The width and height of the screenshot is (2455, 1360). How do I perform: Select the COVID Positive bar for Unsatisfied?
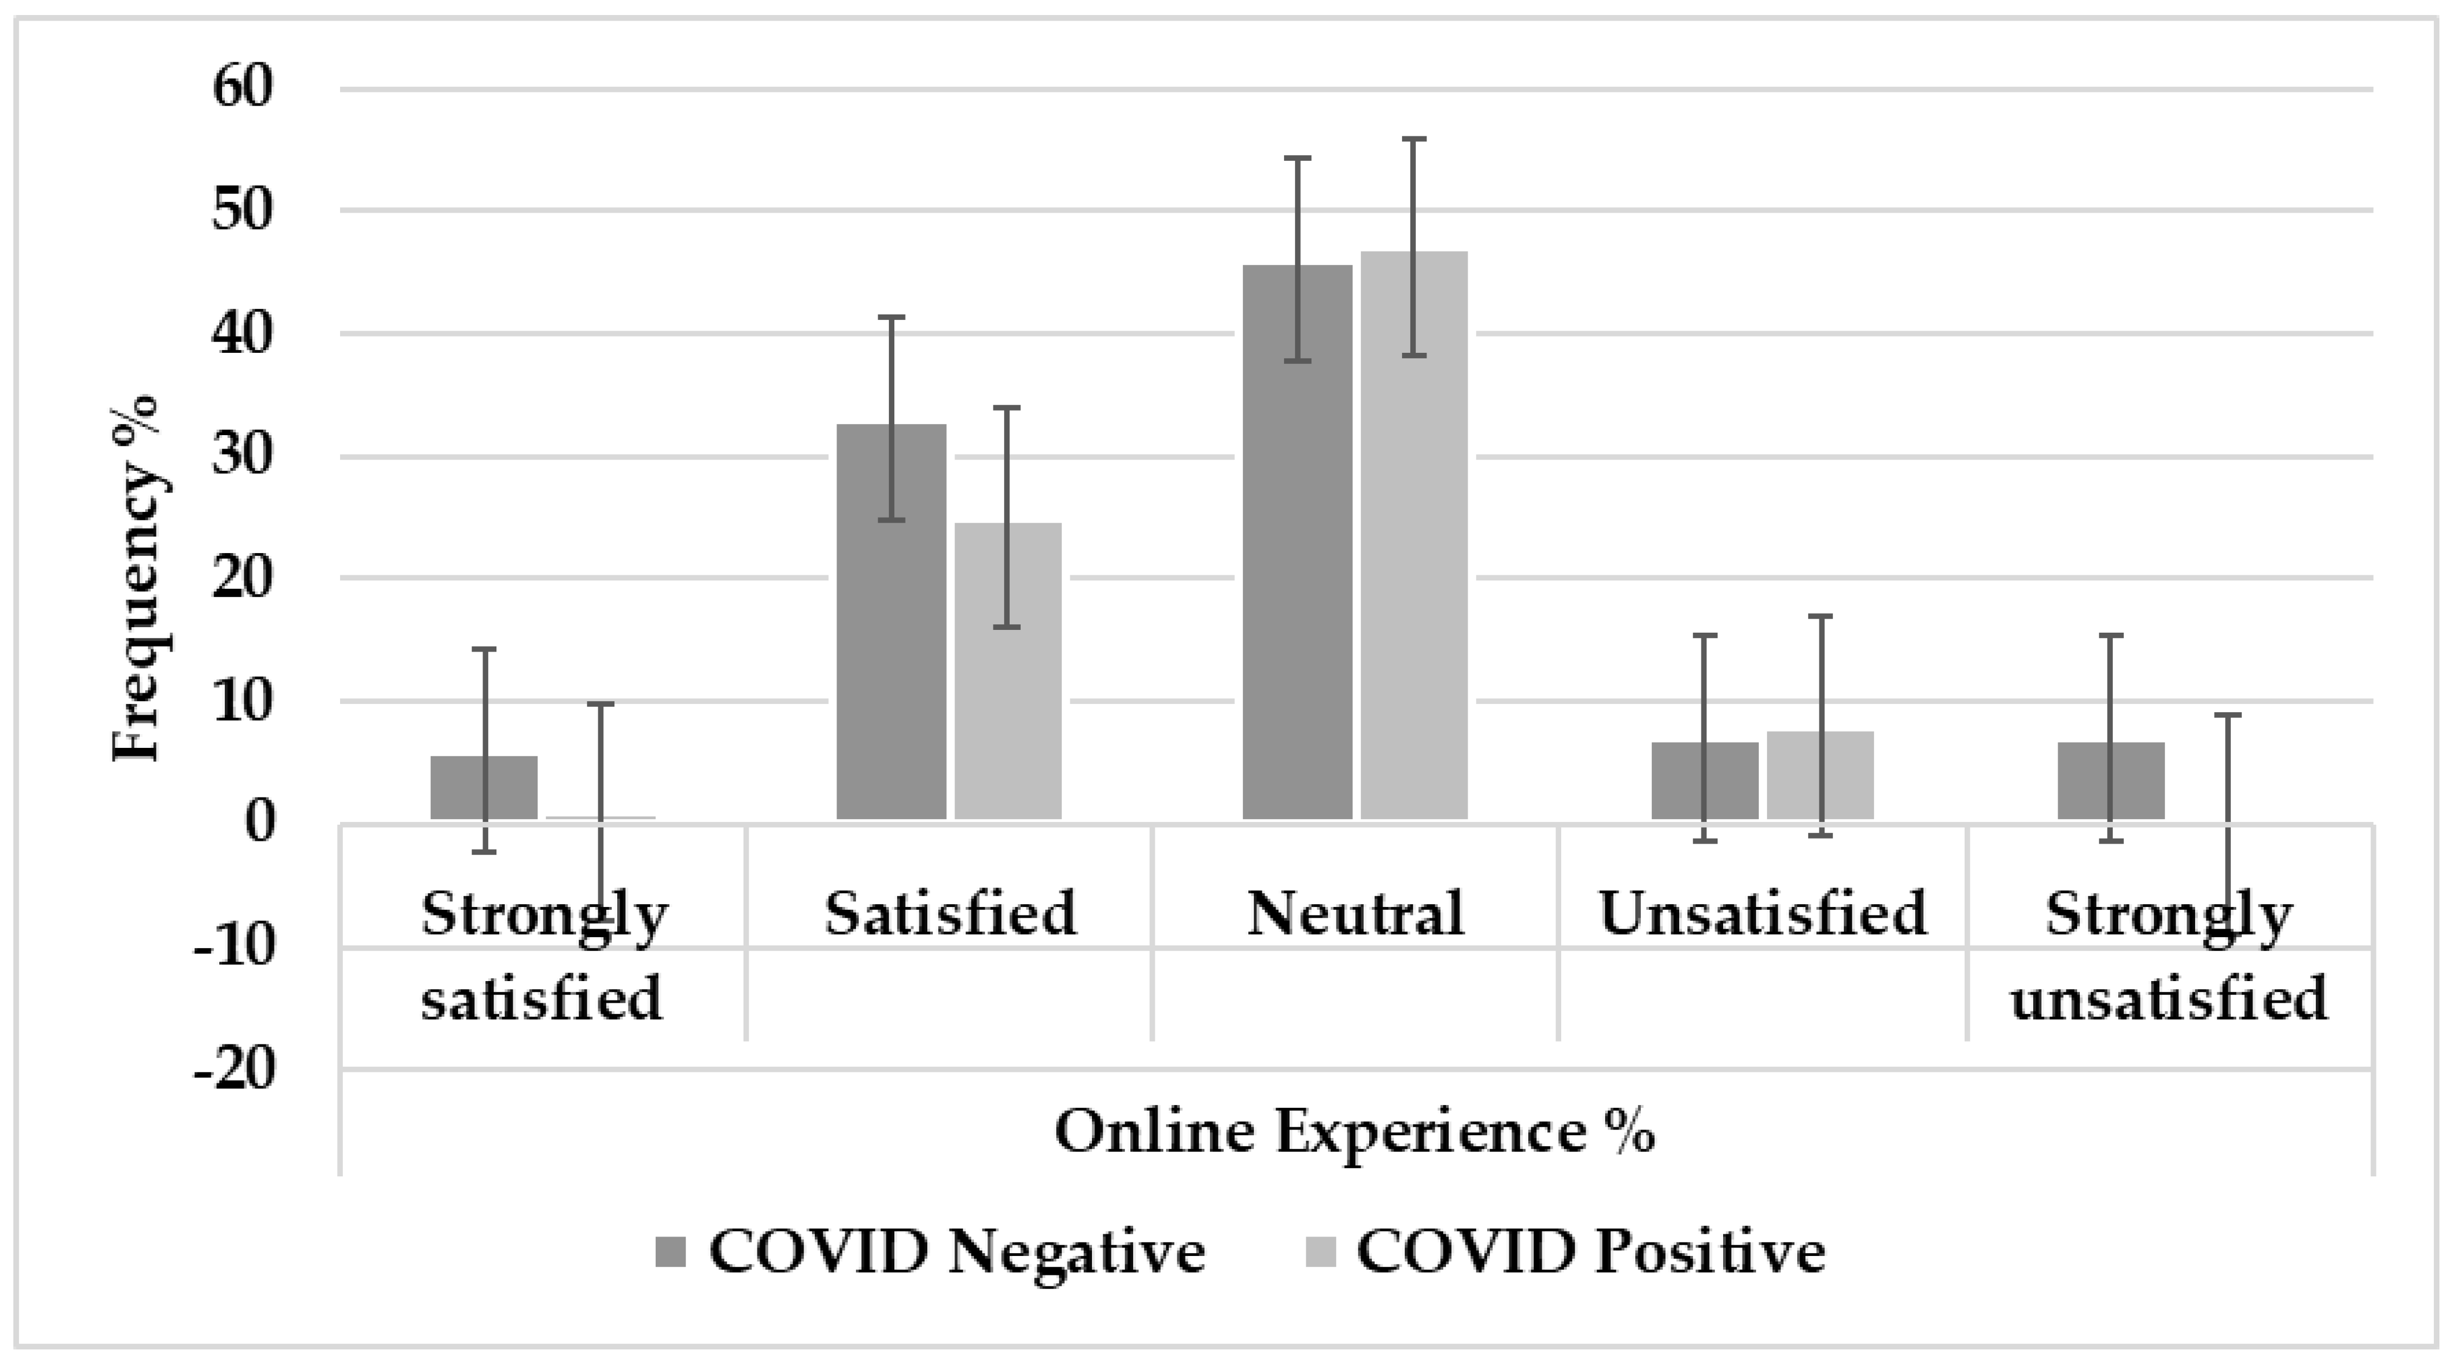(x=1821, y=775)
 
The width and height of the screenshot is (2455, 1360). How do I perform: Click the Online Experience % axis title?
(x=1354, y=1132)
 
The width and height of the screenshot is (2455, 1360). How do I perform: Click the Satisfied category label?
(x=950, y=913)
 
